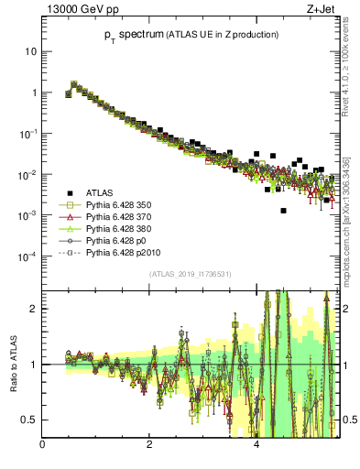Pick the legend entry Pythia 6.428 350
pyautogui.click(x=120, y=206)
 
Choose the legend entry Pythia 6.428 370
pyautogui.click(x=120, y=220)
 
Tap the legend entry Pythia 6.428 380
pyautogui.click(x=120, y=234)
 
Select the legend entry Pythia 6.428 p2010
pyautogui.click(x=124, y=261)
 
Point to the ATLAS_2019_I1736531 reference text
pyautogui.click(x=190, y=275)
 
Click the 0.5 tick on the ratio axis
pyautogui.click(x=30, y=420)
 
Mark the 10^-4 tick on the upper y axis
pyautogui.click(x=27, y=256)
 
